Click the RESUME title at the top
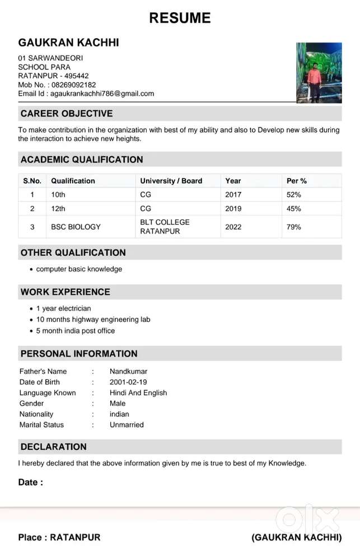pyautogui.click(x=180, y=18)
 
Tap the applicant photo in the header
pyautogui.click(x=319, y=73)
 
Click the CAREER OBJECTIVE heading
pyautogui.click(x=67, y=114)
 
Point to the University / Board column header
pyautogui.click(x=171, y=181)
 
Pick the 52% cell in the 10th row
pyautogui.click(x=293, y=195)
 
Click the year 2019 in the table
pyautogui.click(x=233, y=209)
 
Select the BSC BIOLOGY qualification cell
pyautogui.click(x=76, y=227)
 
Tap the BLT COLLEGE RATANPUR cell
pyautogui.click(x=165, y=227)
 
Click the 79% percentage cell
pyautogui.click(x=293, y=227)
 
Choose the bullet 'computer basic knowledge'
pyautogui.click(x=79, y=269)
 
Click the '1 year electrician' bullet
pyautogui.click(x=63, y=308)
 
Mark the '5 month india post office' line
pyautogui.click(x=75, y=331)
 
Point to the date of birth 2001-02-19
pyautogui.click(x=128, y=382)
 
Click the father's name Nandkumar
pyautogui.click(x=128, y=372)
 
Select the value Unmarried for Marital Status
pyautogui.click(x=127, y=425)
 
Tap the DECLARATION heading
pyautogui.click(x=54, y=447)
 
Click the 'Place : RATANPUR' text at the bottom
pyautogui.click(x=59, y=537)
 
